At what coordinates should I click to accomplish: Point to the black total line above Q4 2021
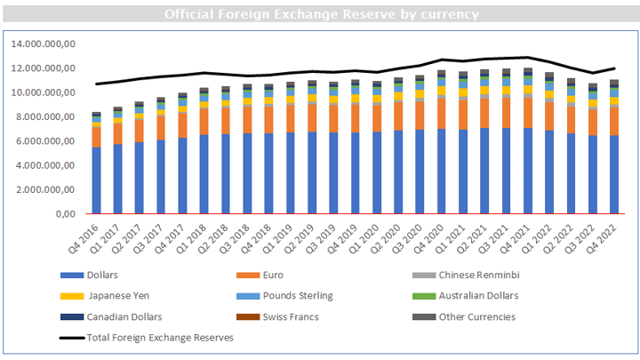point(527,57)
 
